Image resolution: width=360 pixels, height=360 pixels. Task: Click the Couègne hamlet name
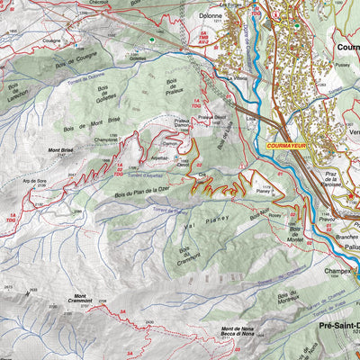click(50, 40)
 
